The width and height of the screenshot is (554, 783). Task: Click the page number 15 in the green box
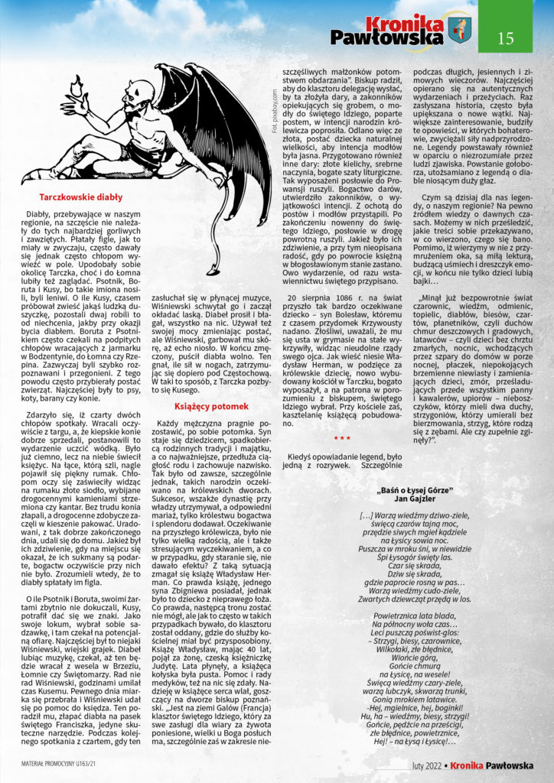tap(506, 37)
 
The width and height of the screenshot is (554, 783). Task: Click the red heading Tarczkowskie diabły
tap(80, 197)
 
